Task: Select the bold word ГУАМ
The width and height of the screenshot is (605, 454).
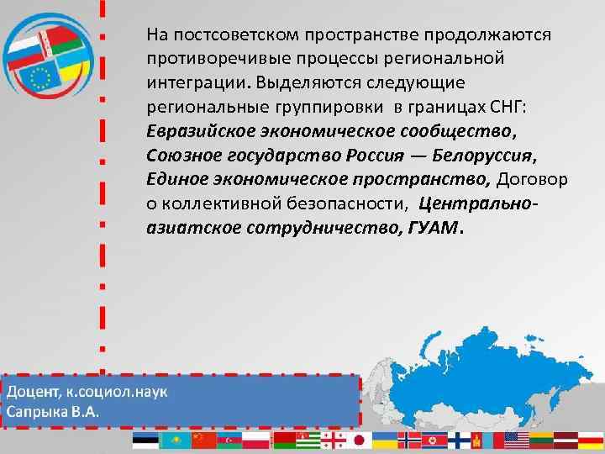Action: point(432,227)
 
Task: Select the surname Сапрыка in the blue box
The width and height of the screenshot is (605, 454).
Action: point(39,413)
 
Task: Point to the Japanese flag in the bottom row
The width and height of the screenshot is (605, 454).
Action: point(359,441)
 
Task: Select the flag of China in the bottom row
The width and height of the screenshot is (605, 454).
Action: point(204,441)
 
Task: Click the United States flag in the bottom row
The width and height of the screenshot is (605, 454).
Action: point(515,441)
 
